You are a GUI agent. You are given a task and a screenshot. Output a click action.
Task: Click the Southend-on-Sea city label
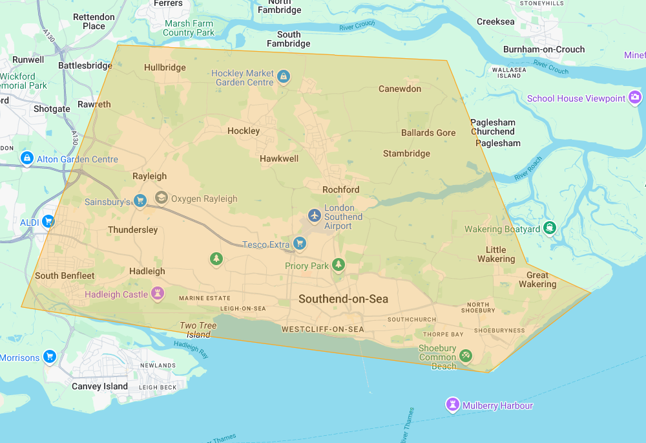[343, 299]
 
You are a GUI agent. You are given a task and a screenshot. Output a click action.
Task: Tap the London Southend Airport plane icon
[315, 215]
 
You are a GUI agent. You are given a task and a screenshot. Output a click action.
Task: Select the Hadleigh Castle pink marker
[157, 294]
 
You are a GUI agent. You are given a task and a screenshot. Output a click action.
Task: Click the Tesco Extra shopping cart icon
[299, 244]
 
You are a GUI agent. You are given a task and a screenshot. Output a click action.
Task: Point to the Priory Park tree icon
[338, 265]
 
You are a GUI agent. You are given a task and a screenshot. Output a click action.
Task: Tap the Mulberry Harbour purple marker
[453, 405]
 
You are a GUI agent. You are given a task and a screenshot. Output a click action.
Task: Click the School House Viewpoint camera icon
[635, 98]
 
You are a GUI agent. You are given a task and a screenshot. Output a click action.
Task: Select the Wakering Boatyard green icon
[550, 228]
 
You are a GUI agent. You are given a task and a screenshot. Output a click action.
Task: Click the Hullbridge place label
[165, 67]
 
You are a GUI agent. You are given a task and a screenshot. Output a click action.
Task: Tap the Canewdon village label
[399, 89]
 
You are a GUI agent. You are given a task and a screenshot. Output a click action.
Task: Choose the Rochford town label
[340, 189]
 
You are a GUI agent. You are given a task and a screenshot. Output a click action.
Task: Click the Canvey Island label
[99, 386]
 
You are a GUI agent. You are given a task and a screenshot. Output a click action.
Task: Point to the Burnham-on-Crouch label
[544, 49]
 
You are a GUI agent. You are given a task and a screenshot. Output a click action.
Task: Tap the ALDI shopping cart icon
[48, 221]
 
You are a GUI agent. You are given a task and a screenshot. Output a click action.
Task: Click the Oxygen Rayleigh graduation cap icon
[161, 198]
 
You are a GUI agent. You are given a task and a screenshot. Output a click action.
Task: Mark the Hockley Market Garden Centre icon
[283, 78]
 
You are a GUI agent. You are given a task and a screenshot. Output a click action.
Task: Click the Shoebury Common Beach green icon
[466, 355]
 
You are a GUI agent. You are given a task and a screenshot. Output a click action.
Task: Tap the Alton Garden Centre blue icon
[26, 158]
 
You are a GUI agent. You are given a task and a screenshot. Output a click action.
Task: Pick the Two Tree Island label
[198, 330]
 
